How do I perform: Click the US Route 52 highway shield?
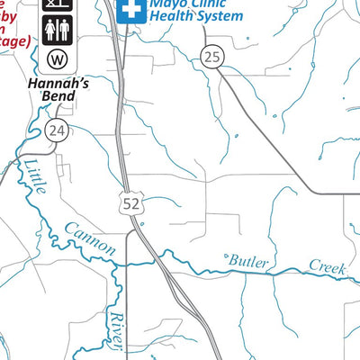pyautogui.click(x=131, y=204)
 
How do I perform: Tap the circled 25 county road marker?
pyautogui.click(x=211, y=57)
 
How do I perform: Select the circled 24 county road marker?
pyautogui.click(x=57, y=131)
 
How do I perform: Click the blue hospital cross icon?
pyautogui.click(x=132, y=9)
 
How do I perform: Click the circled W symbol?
pyautogui.click(x=57, y=60)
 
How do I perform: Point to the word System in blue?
pyautogui.click(x=220, y=16)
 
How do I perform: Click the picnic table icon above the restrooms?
pyautogui.click(x=57, y=4)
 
